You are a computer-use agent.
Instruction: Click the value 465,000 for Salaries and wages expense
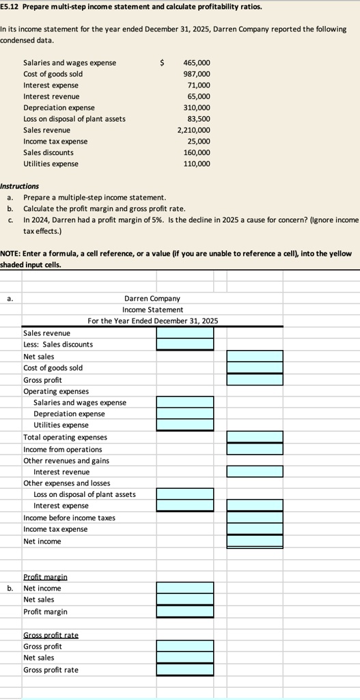(197, 63)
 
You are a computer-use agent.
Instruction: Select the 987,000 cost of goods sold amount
(197, 74)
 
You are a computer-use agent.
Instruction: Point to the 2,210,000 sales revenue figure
(194, 130)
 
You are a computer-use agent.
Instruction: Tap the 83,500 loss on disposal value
(198, 119)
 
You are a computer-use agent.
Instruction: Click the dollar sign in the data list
(161, 63)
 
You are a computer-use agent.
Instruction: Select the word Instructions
(20, 186)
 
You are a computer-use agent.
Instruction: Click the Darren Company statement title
(152, 299)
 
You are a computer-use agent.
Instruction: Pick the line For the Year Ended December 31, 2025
(153, 321)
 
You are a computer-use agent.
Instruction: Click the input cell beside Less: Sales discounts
(184, 345)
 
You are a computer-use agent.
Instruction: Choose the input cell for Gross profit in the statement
(254, 379)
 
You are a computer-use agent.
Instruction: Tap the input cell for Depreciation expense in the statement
(184, 414)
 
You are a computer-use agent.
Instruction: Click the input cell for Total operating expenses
(254, 437)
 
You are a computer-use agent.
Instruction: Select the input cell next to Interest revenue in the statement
(254, 472)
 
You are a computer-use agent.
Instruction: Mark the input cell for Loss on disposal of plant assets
(184, 494)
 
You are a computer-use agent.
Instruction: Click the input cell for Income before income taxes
(254, 517)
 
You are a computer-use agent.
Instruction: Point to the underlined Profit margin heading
(45, 577)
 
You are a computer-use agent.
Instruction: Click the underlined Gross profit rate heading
(51, 635)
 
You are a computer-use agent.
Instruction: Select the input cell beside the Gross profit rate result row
(184, 670)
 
